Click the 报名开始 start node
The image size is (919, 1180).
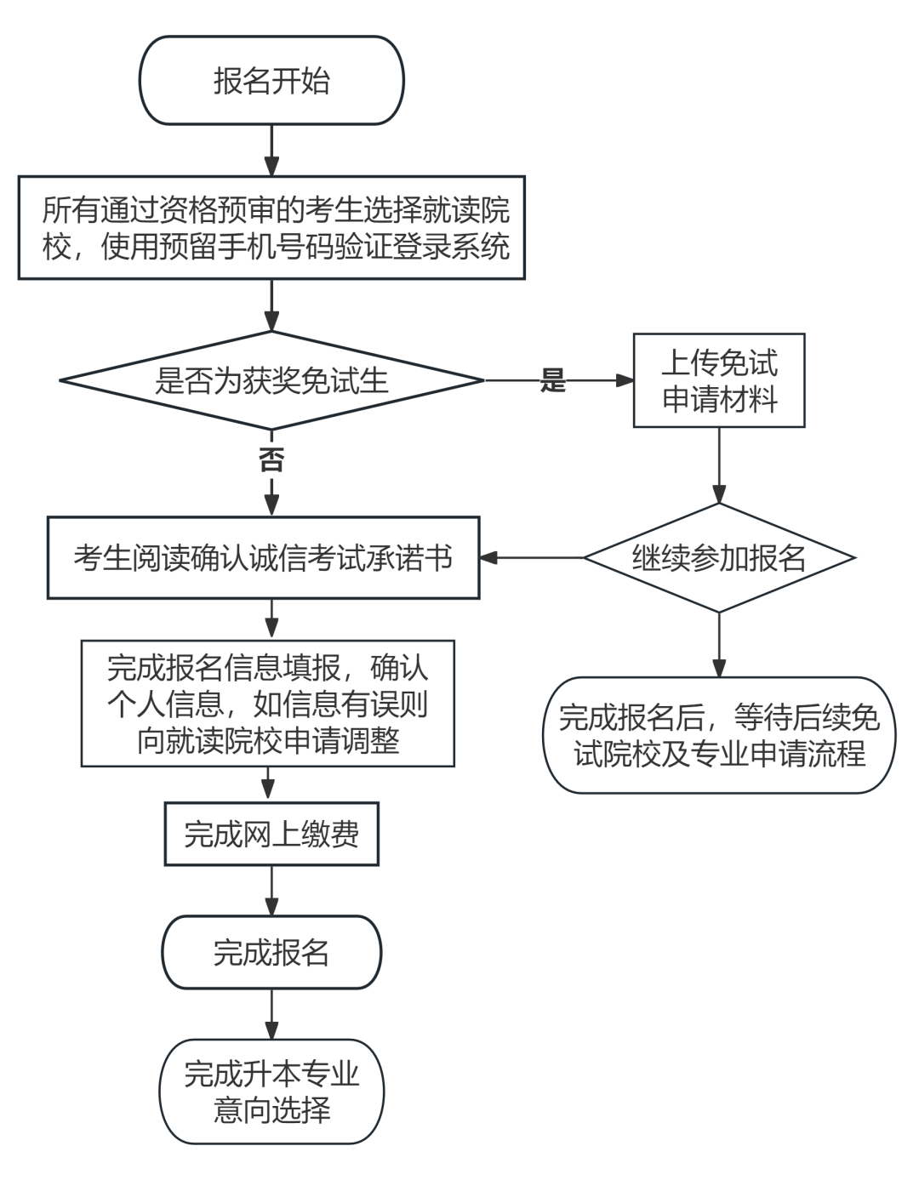click(x=271, y=81)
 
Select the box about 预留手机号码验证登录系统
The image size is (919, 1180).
click(x=271, y=228)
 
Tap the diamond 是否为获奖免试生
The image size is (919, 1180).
click(x=271, y=380)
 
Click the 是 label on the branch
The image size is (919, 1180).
click(x=553, y=381)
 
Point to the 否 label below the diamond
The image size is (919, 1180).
click(x=271, y=460)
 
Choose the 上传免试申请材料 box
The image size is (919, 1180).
click(x=719, y=380)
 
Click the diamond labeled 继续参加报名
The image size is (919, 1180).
click(x=719, y=558)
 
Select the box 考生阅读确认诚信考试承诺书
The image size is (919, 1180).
click(x=263, y=558)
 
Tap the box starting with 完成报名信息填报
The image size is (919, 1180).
click(x=268, y=704)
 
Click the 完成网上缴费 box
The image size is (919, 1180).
click(x=271, y=834)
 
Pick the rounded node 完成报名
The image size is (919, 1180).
click(x=271, y=952)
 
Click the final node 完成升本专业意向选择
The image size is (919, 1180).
click(x=271, y=1092)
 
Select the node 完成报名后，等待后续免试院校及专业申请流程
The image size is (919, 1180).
click(x=719, y=735)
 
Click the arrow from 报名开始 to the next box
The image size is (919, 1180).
click(x=271, y=151)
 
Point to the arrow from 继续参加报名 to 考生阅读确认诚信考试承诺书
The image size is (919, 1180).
click(x=532, y=558)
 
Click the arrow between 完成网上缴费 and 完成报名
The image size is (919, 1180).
click(x=271, y=891)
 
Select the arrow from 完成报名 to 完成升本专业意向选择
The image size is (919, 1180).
click(x=271, y=1013)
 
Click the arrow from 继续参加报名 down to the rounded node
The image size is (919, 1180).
click(x=719, y=644)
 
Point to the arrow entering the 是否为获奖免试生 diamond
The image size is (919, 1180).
click(x=271, y=305)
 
